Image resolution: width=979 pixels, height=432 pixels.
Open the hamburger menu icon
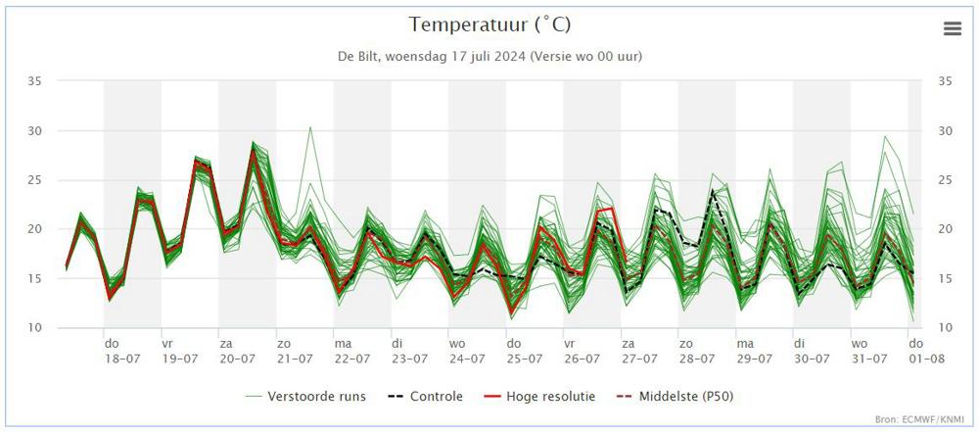(x=953, y=28)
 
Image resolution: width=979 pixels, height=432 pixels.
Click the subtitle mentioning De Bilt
(x=489, y=56)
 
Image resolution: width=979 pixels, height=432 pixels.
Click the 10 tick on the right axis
(x=946, y=328)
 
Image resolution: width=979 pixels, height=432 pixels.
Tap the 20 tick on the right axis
(x=946, y=229)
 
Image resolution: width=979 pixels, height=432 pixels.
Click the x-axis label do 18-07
(x=122, y=352)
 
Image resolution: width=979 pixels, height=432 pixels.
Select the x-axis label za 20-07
(x=237, y=352)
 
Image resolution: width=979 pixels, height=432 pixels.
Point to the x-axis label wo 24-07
(x=467, y=352)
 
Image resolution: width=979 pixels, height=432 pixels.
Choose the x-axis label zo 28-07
(x=697, y=352)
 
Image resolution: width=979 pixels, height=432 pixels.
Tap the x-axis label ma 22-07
(x=352, y=352)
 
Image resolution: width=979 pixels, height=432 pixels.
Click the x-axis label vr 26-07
(x=582, y=352)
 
